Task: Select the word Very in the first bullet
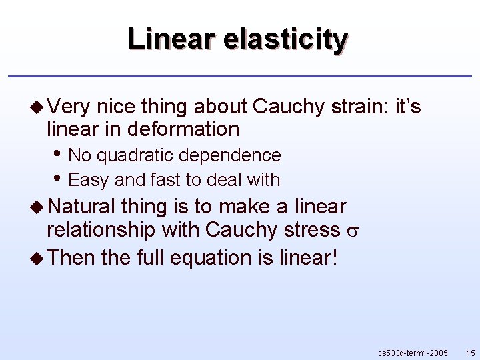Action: [x=69, y=106]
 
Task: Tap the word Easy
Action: [x=89, y=180]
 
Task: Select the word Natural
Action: [x=81, y=207]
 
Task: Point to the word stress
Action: [x=314, y=230]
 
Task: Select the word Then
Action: [x=72, y=257]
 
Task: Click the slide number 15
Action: [x=471, y=352]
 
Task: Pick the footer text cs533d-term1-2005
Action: [x=413, y=352]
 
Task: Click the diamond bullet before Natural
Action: [x=38, y=207]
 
